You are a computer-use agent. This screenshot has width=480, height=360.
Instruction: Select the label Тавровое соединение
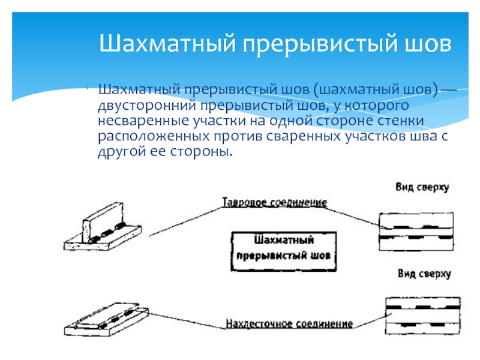coord(274,203)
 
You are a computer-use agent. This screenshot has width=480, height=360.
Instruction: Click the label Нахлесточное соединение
coord(289,325)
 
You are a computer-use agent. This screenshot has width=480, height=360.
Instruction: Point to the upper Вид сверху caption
coord(422,188)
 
